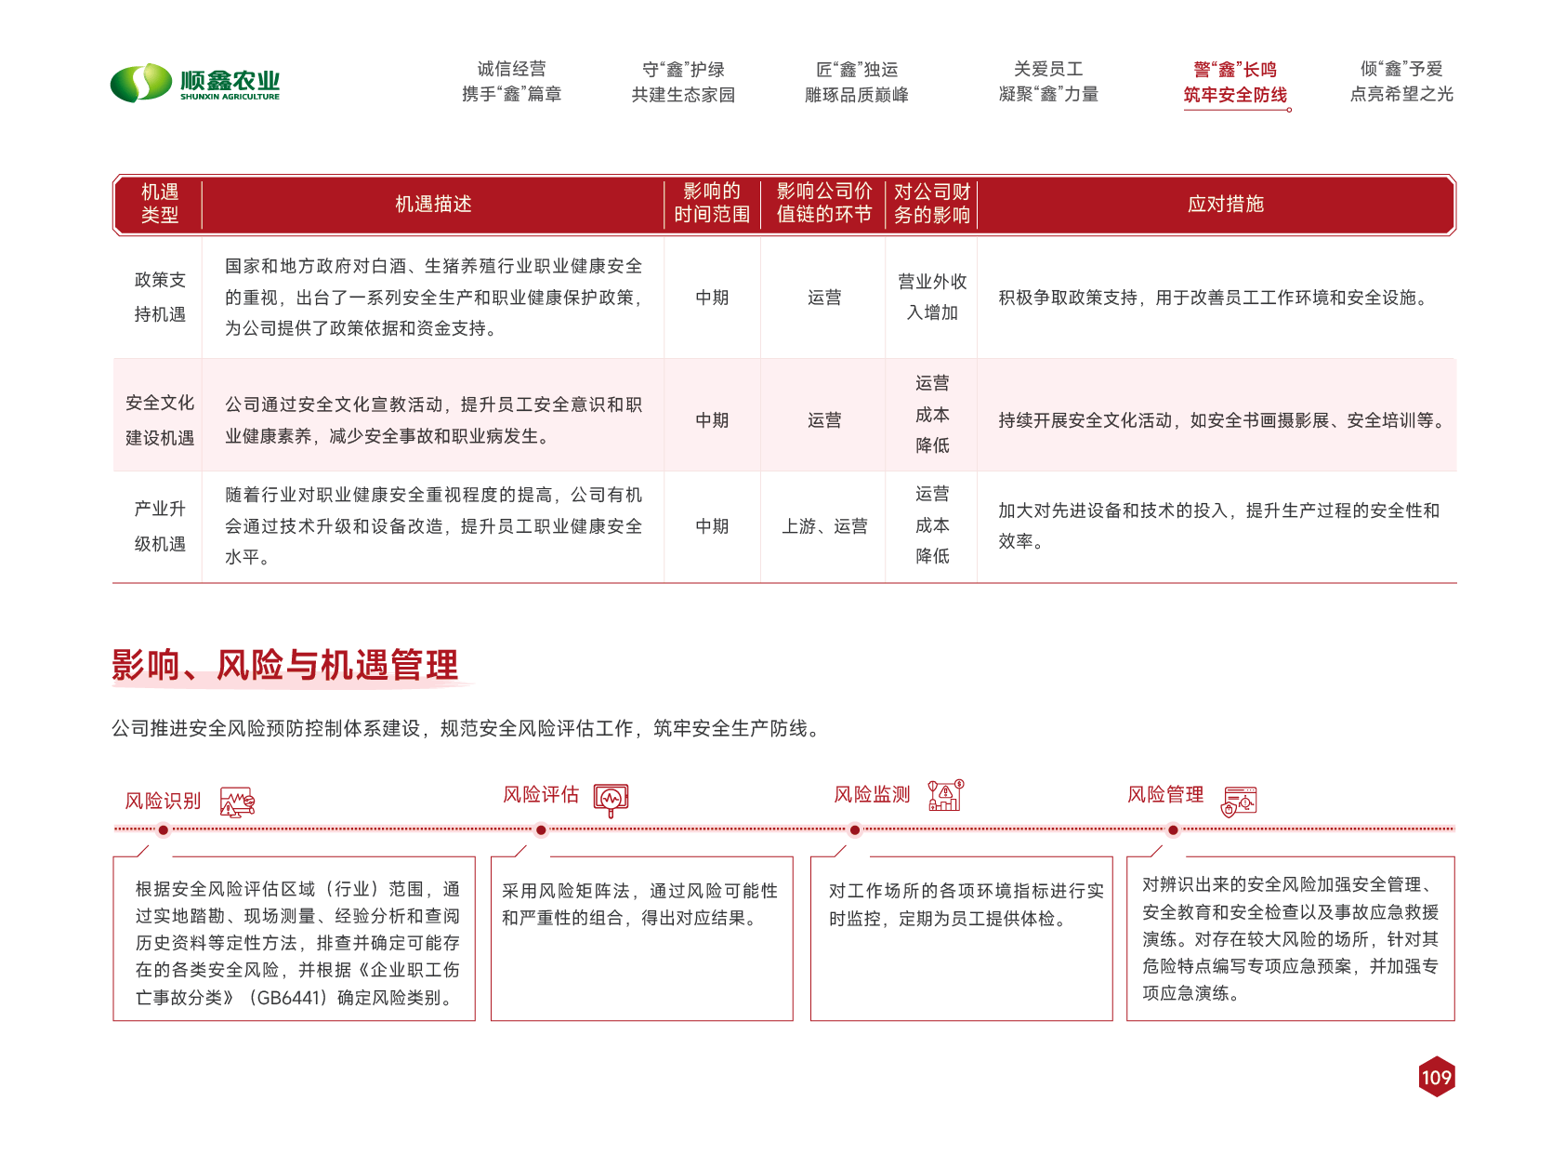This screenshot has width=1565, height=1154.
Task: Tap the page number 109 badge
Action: pos(1436,1077)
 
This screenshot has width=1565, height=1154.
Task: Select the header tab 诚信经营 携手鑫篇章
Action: pos(511,82)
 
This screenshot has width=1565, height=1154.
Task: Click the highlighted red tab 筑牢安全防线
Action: pos(1235,94)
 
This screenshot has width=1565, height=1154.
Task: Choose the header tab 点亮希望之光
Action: pos(1401,94)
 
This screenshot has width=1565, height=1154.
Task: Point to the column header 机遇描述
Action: pos(433,204)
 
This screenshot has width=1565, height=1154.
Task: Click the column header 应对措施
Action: pos(1225,204)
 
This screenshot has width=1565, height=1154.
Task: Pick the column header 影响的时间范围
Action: pos(712,203)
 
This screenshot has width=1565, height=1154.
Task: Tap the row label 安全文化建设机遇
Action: pos(160,419)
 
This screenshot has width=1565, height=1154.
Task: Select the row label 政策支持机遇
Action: pos(160,297)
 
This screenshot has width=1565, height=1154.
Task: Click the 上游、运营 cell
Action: pos(824,526)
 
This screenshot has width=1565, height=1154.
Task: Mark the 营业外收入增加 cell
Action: pos(932,297)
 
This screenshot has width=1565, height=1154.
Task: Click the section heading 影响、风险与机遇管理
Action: pos(285,665)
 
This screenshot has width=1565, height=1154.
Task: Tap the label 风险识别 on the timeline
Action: pos(164,801)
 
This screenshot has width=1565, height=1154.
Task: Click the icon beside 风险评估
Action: pos(611,799)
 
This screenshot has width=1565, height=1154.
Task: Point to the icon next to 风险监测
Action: pos(946,796)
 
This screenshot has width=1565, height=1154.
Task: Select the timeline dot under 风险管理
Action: pos(1173,829)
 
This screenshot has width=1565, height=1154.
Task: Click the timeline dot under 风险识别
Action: pos(163,829)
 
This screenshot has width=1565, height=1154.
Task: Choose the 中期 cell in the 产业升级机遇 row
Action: pos(712,526)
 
